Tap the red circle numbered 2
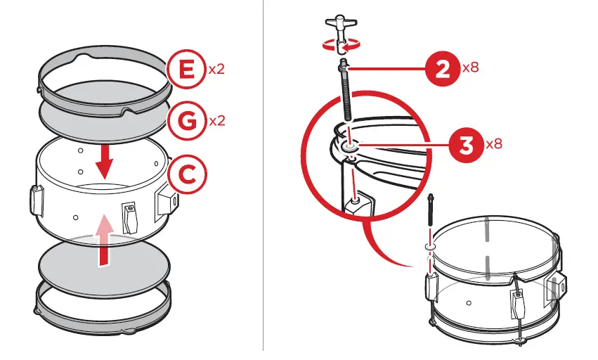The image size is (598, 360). click(443, 69)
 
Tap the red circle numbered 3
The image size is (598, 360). click(464, 145)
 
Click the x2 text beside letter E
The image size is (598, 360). click(216, 70)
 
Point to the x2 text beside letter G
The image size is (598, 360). click(217, 121)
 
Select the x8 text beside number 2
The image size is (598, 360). click(471, 68)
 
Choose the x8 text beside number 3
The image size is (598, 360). click(494, 144)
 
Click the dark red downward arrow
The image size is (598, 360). click(105, 161)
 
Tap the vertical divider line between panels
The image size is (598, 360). click(264, 176)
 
